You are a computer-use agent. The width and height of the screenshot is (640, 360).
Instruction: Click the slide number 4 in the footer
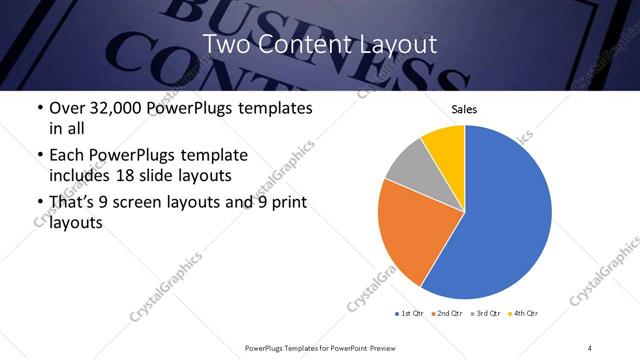[x=590, y=347]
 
